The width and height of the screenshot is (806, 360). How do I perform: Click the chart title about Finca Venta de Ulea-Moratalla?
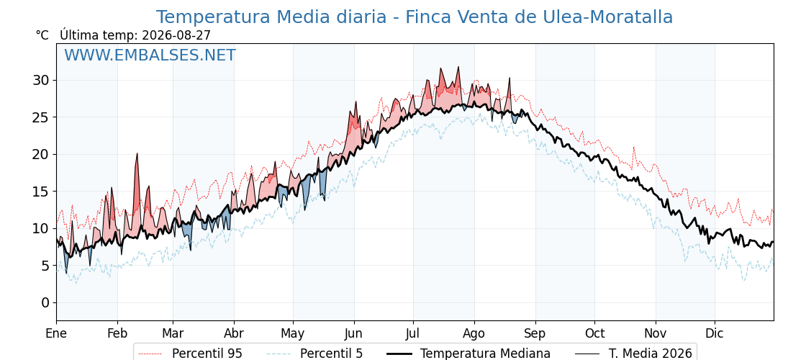(415, 17)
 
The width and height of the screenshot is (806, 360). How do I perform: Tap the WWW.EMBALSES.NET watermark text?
(150, 55)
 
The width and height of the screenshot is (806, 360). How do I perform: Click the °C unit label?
(42, 35)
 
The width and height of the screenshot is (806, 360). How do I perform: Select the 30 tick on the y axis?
(41, 80)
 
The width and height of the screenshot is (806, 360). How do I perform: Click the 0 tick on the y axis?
(45, 302)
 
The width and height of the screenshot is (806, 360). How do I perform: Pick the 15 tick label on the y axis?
(41, 192)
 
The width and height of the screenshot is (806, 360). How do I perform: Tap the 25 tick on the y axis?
(41, 117)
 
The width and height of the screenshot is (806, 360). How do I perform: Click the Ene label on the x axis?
(56, 333)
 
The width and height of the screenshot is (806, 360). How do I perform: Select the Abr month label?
(234, 333)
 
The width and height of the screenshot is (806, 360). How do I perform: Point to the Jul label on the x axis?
(413, 333)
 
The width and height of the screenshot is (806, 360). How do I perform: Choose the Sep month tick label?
(535, 333)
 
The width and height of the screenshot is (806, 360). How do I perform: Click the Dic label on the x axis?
(715, 333)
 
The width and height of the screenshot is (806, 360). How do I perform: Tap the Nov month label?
(656, 333)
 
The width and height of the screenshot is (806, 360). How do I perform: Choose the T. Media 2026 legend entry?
(633, 354)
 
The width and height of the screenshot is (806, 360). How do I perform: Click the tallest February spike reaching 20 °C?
(137, 154)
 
